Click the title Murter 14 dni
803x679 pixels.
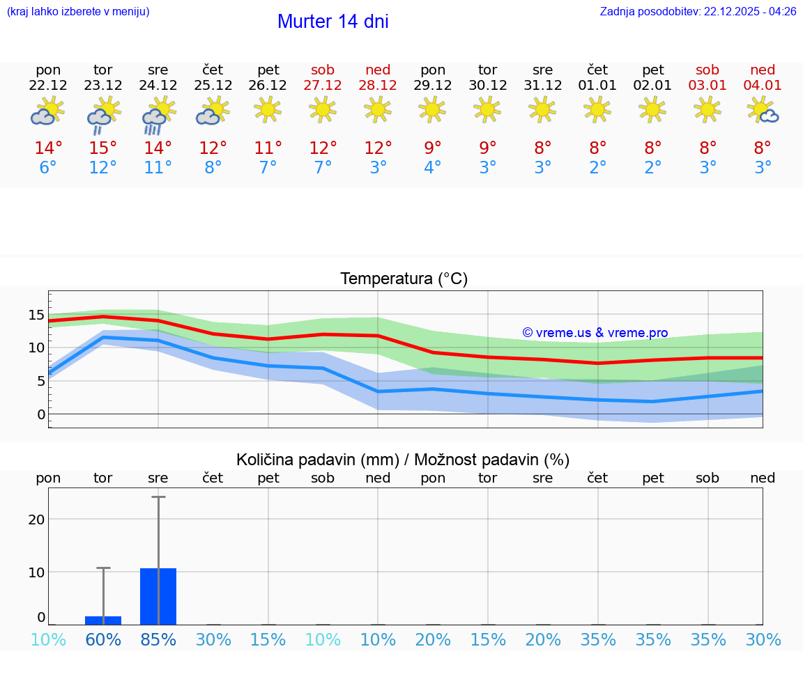tap(332, 22)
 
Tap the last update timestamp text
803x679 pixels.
tap(698, 11)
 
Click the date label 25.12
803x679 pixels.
tap(213, 85)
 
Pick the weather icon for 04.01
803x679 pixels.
tap(763, 110)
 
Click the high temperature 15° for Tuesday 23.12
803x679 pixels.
tap(103, 148)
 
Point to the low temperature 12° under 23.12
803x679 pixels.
tap(103, 168)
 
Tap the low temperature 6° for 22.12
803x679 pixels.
tap(48, 168)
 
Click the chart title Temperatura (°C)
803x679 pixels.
tap(404, 279)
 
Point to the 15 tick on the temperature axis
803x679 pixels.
tap(36, 315)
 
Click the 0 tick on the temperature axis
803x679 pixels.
tap(41, 414)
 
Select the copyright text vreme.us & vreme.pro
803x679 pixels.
tap(595, 333)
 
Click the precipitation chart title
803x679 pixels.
tap(403, 460)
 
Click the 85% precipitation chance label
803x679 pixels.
tap(158, 639)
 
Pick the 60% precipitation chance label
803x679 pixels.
tap(103, 639)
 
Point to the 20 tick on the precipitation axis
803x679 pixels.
tap(36, 520)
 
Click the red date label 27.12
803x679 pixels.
tap(323, 85)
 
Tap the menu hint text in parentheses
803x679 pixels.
tap(78, 11)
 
